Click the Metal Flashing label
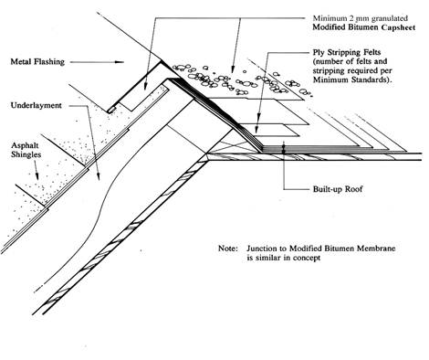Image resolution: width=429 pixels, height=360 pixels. coord(37,62)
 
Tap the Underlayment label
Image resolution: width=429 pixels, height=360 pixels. coord(37,105)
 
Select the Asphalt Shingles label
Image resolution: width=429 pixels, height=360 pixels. coord(26,150)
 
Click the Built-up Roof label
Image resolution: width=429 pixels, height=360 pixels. coord(338,189)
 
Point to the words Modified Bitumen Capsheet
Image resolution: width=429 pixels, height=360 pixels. coord(364,27)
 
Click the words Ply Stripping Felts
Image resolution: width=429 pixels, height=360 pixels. coord(347,52)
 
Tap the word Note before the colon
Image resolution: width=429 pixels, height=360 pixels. coord(226,249)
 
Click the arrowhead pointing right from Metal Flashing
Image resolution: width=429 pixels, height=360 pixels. coord(120,62)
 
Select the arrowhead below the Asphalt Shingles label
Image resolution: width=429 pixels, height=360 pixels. coord(37,175)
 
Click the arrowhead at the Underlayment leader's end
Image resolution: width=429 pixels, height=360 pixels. coord(99,175)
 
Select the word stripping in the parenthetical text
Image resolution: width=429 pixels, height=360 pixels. coord(330,71)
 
